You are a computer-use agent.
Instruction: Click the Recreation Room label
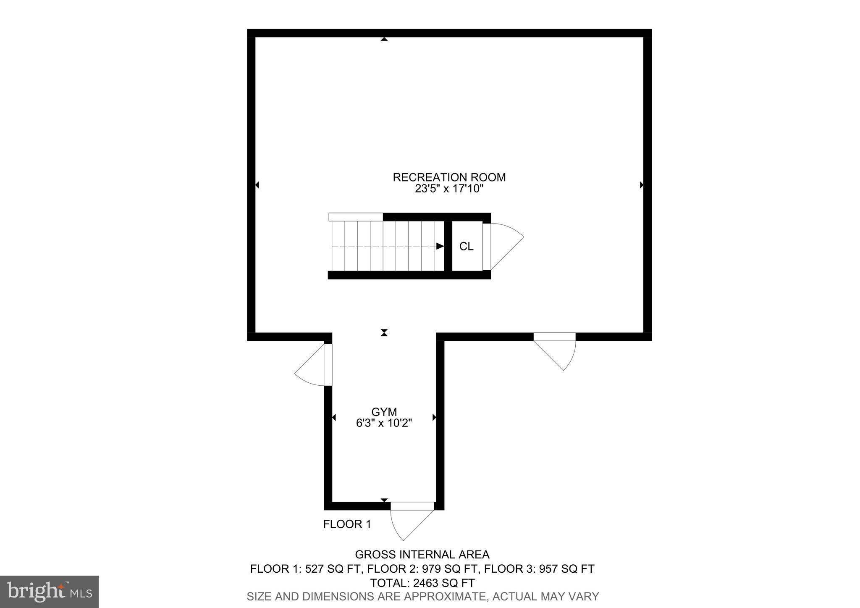449,177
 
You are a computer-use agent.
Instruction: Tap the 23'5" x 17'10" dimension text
449,189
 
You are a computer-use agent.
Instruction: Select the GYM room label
384,412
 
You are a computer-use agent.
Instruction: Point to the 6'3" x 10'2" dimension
384,423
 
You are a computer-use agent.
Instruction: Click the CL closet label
466,247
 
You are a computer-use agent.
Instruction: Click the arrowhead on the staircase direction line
440,246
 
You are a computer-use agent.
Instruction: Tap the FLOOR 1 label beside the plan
347,524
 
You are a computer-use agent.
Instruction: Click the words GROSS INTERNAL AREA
422,555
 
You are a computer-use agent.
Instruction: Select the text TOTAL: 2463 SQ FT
422,583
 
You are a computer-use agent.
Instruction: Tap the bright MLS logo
49,591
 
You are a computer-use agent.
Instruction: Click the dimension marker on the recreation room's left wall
257,185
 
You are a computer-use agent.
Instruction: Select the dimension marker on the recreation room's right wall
642,185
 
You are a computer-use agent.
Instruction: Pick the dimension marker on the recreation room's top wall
384,39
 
